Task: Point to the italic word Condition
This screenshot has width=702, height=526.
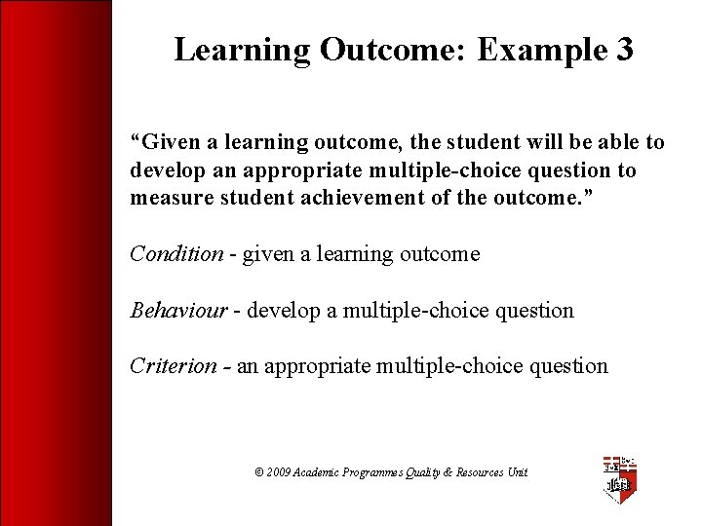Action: click(176, 254)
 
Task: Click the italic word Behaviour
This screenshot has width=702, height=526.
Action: click(179, 311)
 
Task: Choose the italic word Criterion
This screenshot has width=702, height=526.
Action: click(174, 366)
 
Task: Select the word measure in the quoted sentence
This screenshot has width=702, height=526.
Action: click(165, 199)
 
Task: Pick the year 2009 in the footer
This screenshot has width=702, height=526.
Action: click(279, 472)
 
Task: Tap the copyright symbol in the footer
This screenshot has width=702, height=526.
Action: click(259, 472)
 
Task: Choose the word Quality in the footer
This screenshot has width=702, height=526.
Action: click(426, 472)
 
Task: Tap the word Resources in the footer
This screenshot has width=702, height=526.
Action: click(480, 472)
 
